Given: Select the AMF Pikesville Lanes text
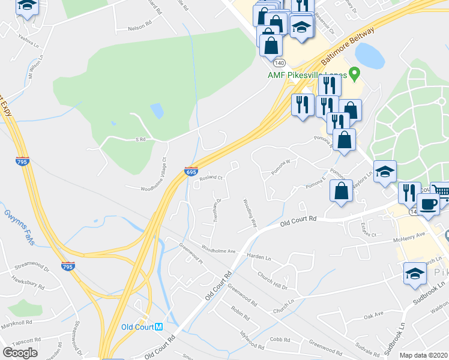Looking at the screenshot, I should (x=306, y=75).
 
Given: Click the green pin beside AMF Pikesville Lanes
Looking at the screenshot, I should (x=355, y=74).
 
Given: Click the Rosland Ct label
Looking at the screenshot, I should (x=211, y=178).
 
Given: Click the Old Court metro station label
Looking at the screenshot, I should (x=142, y=327).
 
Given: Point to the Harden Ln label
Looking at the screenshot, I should (x=259, y=256).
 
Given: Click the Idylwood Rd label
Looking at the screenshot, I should (x=252, y=341).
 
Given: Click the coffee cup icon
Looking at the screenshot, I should (x=428, y=203).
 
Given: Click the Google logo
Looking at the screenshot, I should (x=20, y=352).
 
